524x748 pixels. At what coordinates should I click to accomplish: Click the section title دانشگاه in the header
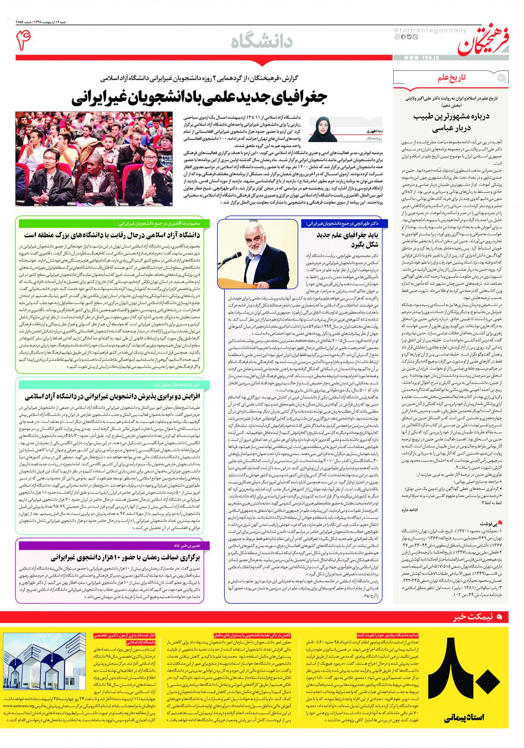click(x=262, y=42)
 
